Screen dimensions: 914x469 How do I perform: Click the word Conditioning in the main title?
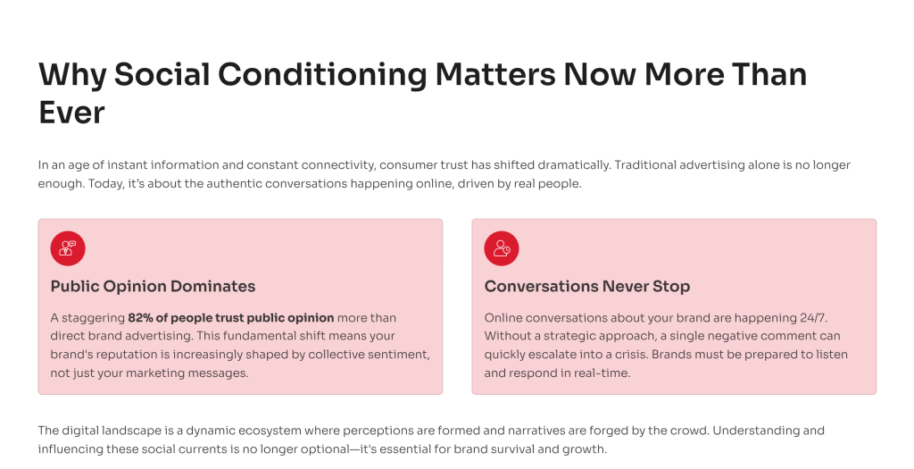(322, 75)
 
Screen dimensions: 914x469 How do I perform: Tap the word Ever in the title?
(71, 113)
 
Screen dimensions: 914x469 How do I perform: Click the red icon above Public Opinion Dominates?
(68, 248)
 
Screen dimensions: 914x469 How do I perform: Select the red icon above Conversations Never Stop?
(502, 248)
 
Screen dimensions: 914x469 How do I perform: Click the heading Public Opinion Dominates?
(153, 287)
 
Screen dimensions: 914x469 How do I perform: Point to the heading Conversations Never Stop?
(587, 287)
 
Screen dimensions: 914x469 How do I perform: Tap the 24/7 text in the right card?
(813, 318)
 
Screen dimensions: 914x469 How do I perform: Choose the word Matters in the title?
(495, 75)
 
